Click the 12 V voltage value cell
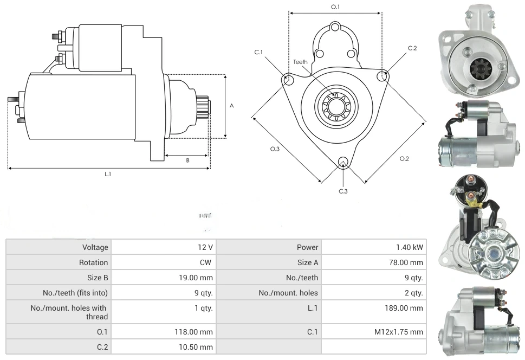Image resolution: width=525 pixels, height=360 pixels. [205, 247]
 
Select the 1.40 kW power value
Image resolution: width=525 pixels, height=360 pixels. [410, 247]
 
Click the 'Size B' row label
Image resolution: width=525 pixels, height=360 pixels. [98, 278]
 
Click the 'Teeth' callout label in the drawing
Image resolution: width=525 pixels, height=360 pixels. [300, 62]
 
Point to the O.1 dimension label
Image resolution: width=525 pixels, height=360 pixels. [335, 7]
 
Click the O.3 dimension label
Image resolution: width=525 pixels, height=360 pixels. [275, 149]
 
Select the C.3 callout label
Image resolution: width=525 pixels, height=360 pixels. [343, 191]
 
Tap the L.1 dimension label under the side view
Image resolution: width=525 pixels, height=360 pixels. [108, 174]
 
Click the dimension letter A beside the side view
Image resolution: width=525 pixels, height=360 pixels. [231, 106]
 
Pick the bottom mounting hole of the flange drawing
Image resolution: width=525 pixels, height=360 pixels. [342, 162]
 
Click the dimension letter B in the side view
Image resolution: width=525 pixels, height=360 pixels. [187, 160]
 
